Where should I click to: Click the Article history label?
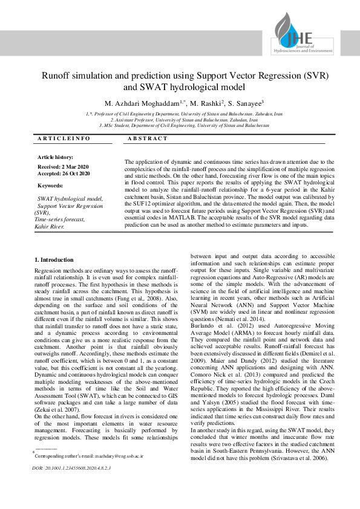pos(56,157)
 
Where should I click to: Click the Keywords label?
pos(51,186)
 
